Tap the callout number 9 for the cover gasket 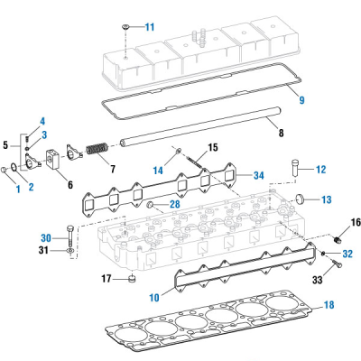click(x=302, y=98)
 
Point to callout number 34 click(x=258, y=174)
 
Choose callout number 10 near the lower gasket click(x=154, y=295)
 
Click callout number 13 click(x=327, y=200)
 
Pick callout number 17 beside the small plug click(x=106, y=278)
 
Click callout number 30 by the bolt click(x=46, y=238)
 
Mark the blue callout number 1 click(x=15, y=188)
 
